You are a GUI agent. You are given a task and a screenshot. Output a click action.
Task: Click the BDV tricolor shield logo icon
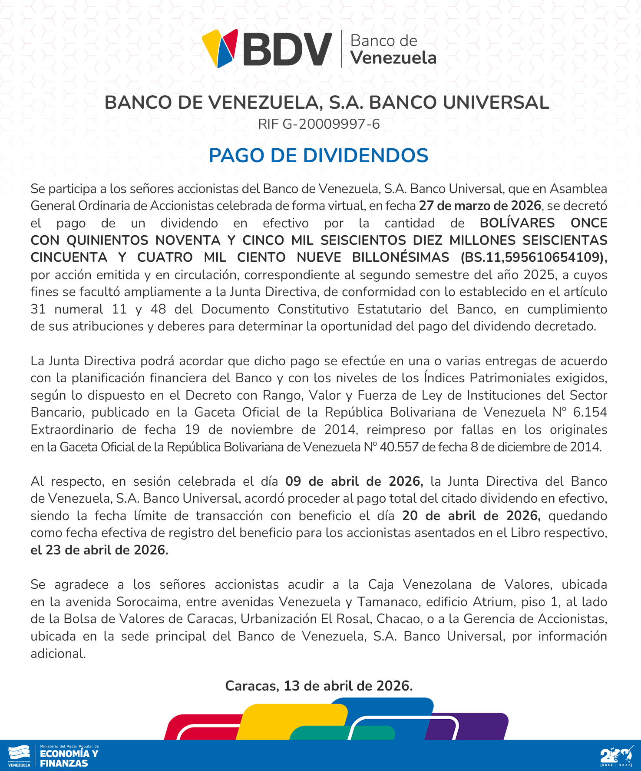pyautogui.click(x=220, y=48)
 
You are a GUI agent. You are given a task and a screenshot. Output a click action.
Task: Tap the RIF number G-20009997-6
pyautogui.click(x=319, y=124)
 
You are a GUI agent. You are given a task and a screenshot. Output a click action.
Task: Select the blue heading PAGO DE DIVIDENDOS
pyautogui.click(x=318, y=156)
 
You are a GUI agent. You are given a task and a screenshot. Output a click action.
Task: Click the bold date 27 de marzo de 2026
pyautogui.click(x=480, y=206)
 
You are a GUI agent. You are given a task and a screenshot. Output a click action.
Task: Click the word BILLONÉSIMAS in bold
pyautogui.click(x=400, y=257)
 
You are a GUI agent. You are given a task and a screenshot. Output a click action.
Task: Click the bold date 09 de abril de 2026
pyautogui.click(x=354, y=481)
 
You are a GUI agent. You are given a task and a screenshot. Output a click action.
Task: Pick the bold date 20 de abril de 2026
pyautogui.click(x=471, y=516)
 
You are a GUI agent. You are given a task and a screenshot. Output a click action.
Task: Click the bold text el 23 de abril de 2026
pyautogui.click(x=99, y=550)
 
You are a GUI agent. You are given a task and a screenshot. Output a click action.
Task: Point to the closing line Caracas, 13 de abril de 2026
pyautogui.click(x=319, y=686)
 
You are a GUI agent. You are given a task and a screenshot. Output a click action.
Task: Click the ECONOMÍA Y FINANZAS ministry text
pyautogui.click(x=69, y=758)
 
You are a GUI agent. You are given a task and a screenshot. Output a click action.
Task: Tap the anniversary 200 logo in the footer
pyautogui.click(x=616, y=757)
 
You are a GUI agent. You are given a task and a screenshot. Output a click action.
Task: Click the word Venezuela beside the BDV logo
pyautogui.click(x=393, y=58)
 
